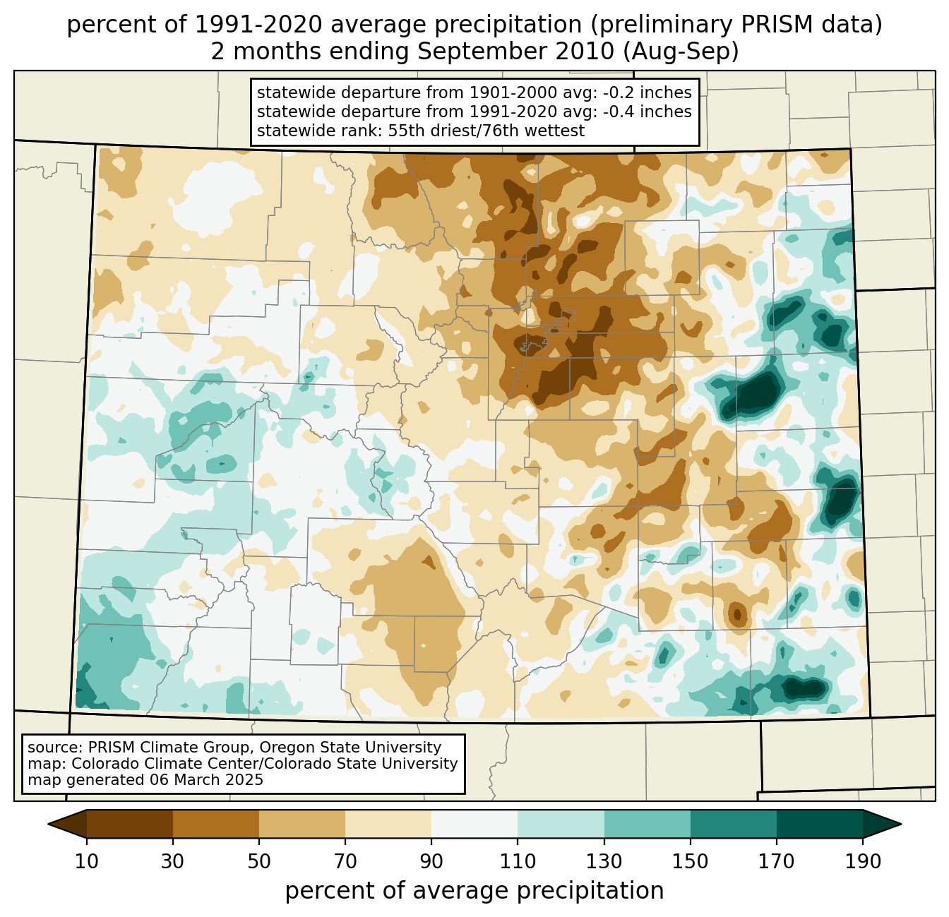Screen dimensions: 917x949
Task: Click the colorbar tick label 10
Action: (87, 862)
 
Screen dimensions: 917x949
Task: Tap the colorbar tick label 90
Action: (431, 862)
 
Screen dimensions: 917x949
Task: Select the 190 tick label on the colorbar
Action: (862, 862)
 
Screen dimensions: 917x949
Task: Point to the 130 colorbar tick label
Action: (604, 862)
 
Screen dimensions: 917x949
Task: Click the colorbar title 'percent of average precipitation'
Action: (474, 891)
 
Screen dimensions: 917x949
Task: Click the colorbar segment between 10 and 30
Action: (130, 824)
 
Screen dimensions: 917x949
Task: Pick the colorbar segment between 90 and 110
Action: (474, 824)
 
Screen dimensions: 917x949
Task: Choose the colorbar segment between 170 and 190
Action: (819, 824)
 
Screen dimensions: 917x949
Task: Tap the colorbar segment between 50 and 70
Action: (302, 824)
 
